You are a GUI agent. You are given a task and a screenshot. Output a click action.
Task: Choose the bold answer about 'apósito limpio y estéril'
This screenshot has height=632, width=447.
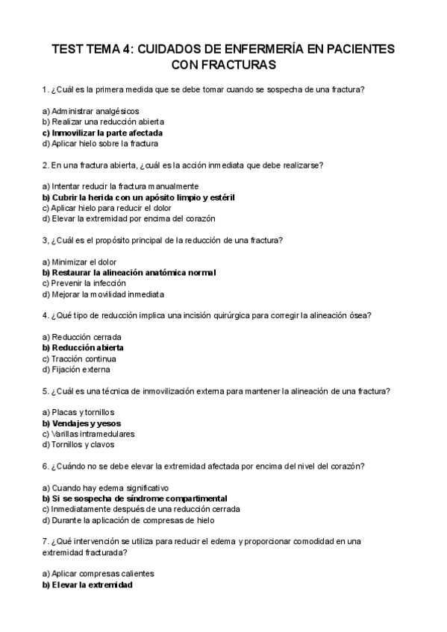pyautogui.click(x=129, y=197)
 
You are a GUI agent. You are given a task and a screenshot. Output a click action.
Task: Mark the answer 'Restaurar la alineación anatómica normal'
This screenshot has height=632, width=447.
pyautogui.click(x=129, y=273)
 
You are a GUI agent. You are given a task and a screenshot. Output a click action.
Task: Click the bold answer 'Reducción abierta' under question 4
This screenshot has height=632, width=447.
pyautogui.click(x=83, y=347)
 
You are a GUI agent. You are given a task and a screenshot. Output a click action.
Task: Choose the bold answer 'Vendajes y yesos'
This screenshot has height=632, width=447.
pyautogui.click(x=82, y=423)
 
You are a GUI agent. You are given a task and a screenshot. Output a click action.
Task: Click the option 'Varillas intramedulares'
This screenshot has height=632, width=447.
pyautogui.click(x=88, y=434)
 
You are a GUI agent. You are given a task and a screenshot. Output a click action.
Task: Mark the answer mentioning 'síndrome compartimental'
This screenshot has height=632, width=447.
pyautogui.click(x=134, y=498)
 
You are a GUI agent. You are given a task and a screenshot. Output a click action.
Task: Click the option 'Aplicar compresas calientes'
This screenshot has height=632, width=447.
pyautogui.click(x=99, y=574)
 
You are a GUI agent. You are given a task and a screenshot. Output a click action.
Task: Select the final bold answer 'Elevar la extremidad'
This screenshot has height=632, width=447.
pyautogui.click(x=87, y=585)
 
